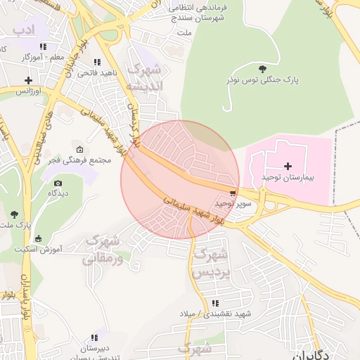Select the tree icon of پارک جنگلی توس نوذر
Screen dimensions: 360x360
click(262, 68)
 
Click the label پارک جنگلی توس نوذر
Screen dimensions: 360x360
click(262, 80)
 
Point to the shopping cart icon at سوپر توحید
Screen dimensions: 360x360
click(233, 191)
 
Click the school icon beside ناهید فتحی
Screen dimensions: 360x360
click(96, 62)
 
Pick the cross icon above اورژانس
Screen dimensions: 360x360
click(29, 80)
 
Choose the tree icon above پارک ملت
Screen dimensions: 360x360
click(14, 213)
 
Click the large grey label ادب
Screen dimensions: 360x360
click(23, 29)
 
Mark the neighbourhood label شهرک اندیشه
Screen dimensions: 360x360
click(144, 78)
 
